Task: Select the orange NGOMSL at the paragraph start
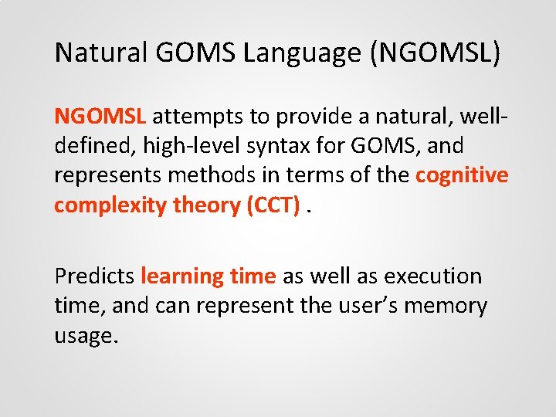click(x=100, y=117)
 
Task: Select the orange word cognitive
click(x=462, y=175)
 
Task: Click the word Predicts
click(x=94, y=276)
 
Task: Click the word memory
click(x=452, y=306)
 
